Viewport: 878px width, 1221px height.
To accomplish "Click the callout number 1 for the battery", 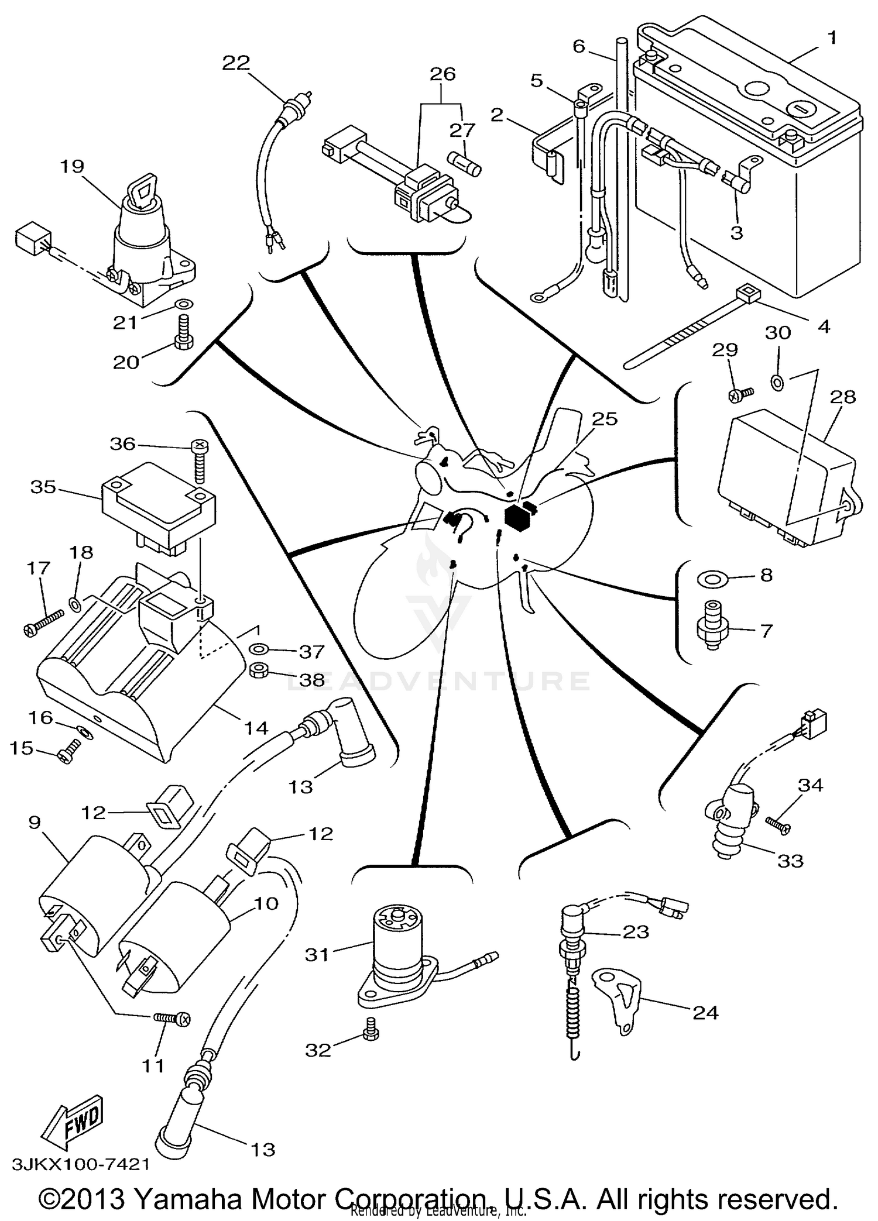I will coord(832,39).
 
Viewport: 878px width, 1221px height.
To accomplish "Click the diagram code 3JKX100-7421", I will coord(80,1164).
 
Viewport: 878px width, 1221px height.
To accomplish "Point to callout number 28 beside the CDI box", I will coord(842,397).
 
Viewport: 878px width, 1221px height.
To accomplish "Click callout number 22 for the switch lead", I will coord(236,63).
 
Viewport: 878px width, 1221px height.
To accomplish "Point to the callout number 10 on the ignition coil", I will coord(266,903).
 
